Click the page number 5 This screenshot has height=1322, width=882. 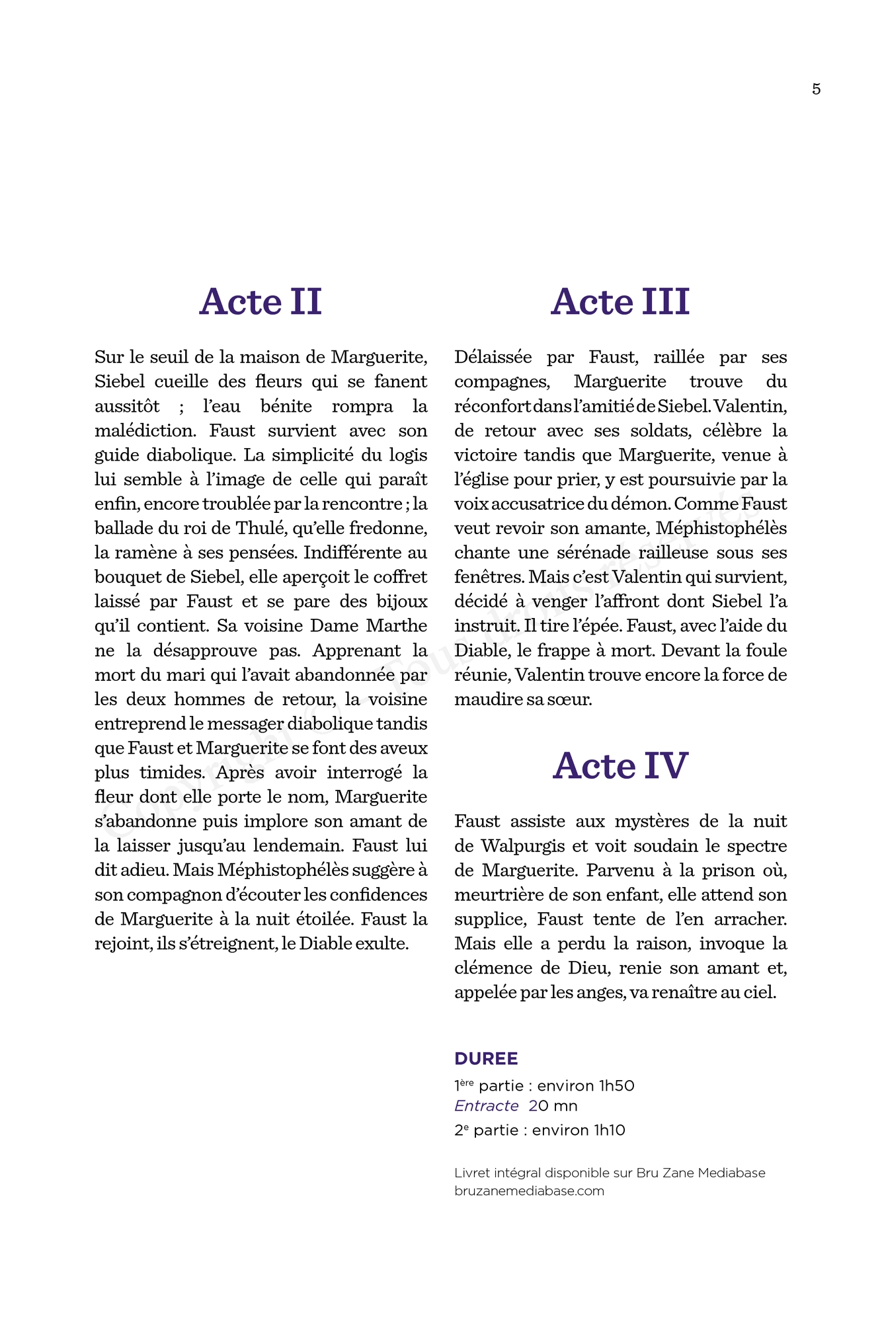[816, 89]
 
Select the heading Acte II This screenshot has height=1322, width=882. [261, 302]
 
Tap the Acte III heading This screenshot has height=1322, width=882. [620, 302]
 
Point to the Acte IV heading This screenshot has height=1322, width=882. [620, 766]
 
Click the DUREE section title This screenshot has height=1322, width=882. [486, 1059]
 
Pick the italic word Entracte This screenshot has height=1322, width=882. [486, 1106]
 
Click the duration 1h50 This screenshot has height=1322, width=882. [616, 1086]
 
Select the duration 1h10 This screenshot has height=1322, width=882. [609, 1130]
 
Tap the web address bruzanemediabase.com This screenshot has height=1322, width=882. [529, 1191]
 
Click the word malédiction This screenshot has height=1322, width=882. [145, 431]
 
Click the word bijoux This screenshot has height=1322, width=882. [402, 602]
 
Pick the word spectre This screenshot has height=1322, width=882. [757, 846]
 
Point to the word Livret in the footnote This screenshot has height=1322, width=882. [471, 1173]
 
